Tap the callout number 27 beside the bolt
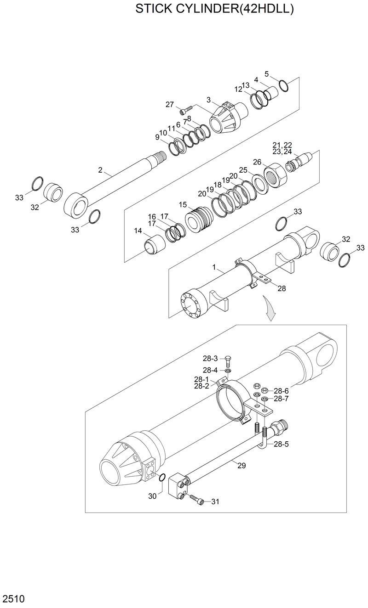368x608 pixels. (170, 105)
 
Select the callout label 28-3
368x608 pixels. (210, 358)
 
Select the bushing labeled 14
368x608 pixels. (154, 243)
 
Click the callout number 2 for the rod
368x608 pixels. (100, 170)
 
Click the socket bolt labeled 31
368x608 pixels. (195, 500)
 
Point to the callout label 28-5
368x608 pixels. (281, 444)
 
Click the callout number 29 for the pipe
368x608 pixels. (241, 465)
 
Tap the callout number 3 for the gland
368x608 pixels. (208, 100)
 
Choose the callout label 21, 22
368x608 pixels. (282, 145)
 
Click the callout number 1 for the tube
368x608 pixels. (214, 267)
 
